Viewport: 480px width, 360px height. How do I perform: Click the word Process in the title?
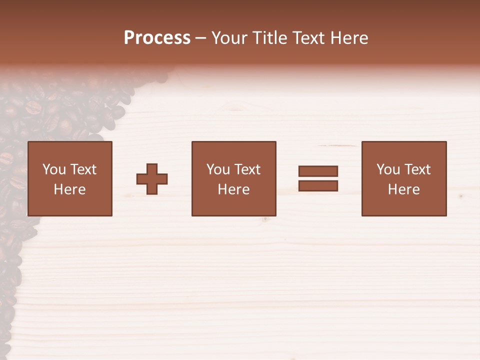[157, 38]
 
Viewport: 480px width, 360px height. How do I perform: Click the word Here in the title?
[350, 38]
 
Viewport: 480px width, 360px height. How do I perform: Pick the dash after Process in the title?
[200, 38]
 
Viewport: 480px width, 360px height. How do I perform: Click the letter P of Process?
[129, 38]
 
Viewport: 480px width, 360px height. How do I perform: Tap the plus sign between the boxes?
[152, 179]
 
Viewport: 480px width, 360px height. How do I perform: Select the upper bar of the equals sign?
[318, 171]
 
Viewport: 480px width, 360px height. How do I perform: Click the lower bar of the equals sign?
[318, 185]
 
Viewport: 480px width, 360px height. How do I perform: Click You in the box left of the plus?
[54, 169]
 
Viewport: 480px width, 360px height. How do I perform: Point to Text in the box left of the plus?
[83, 169]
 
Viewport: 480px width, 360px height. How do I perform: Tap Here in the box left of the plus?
[69, 189]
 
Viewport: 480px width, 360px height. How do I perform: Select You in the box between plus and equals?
[218, 169]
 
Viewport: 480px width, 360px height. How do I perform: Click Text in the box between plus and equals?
[247, 169]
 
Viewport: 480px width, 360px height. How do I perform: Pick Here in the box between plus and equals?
[233, 189]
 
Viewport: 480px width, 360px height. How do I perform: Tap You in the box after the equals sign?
[388, 169]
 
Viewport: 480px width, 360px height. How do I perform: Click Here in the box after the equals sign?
[403, 189]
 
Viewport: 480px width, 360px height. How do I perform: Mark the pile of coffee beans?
[55, 110]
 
